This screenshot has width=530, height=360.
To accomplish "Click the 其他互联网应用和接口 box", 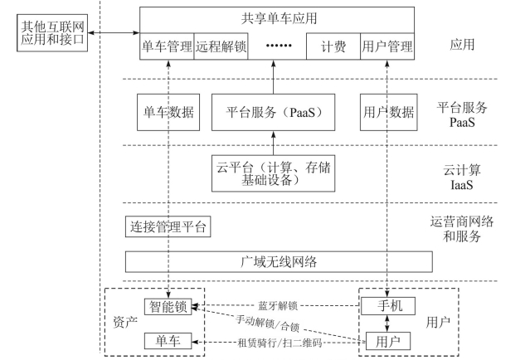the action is [x=52, y=33].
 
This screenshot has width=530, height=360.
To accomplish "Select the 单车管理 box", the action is [x=167, y=46].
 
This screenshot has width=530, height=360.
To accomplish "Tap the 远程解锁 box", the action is [x=221, y=46].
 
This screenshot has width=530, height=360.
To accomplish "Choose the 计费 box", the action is [x=333, y=46].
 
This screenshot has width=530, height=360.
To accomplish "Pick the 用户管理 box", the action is [x=387, y=46].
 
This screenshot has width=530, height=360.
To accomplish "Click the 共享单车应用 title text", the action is [x=280, y=18].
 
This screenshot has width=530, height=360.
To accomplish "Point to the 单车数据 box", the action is [x=168, y=112].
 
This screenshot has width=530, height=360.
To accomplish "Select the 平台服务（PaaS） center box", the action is [x=274, y=112].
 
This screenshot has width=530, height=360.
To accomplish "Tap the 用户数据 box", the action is [x=389, y=112].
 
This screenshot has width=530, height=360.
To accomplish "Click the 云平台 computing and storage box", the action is [x=274, y=173].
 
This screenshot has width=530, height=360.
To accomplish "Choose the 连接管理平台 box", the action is [x=168, y=226].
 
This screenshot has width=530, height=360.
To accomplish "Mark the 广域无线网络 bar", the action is [x=279, y=261].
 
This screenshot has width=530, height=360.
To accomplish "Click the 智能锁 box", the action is [x=168, y=307].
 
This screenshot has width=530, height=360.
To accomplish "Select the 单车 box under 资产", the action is [x=168, y=341].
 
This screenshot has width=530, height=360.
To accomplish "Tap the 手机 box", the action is [x=388, y=306].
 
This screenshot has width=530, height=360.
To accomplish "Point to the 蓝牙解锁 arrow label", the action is [x=278, y=306].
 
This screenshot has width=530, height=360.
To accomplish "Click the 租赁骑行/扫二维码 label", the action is [x=280, y=343].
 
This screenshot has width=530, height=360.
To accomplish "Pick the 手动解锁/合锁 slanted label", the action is [x=268, y=323].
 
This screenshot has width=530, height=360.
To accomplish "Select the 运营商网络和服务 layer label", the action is [x=462, y=229].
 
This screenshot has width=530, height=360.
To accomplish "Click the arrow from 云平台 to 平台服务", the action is [x=274, y=143].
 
